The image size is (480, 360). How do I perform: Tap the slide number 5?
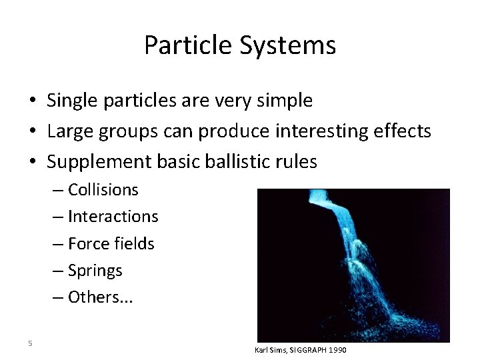pyautogui.click(x=30, y=343)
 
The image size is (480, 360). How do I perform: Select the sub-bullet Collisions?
pyautogui.click(x=103, y=189)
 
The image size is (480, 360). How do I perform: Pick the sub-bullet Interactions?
pyautogui.click(x=113, y=216)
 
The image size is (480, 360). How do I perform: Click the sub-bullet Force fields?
pyautogui.click(x=111, y=243)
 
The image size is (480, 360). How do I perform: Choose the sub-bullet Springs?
pyautogui.click(x=95, y=270)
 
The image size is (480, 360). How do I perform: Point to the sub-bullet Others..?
pyautogui.click(x=100, y=297)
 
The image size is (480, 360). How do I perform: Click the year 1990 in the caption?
pyautogui.click(x=338, y=350)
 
